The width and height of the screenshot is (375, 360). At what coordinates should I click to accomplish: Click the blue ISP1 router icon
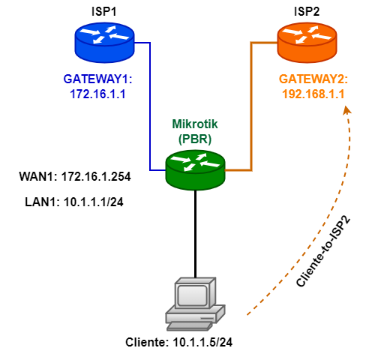(105, 43)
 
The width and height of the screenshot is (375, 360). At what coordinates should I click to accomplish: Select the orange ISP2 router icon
(307, 43)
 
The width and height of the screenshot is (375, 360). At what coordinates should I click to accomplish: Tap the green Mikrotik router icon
(195, 170)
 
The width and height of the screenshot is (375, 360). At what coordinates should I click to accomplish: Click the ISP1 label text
(104, 11)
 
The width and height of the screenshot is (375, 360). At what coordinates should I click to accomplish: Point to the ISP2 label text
(307, 11)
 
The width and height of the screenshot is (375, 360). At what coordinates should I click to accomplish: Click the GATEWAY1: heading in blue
(97, 79)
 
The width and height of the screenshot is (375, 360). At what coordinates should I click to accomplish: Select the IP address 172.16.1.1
(97, 94)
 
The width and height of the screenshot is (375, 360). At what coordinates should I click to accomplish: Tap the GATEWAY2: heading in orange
(313, 79)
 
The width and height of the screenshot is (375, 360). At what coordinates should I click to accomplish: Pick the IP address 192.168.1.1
(313, 94)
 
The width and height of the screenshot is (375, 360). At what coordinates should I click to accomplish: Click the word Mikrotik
(195, 124)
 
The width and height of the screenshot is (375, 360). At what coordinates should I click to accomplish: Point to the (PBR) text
(195, 139)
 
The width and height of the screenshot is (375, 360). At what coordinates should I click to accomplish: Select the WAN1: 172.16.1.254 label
(75, 177)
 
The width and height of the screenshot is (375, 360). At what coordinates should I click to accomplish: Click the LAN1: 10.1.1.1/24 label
(74, 202)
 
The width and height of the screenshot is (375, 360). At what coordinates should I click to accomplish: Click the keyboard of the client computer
(189, 326)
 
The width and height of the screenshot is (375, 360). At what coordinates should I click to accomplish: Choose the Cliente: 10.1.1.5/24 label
(179, 343)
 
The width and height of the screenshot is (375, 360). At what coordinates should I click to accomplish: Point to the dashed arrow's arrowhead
(346, 110)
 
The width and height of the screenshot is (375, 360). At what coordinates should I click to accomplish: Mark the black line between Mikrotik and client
(195, 234)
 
